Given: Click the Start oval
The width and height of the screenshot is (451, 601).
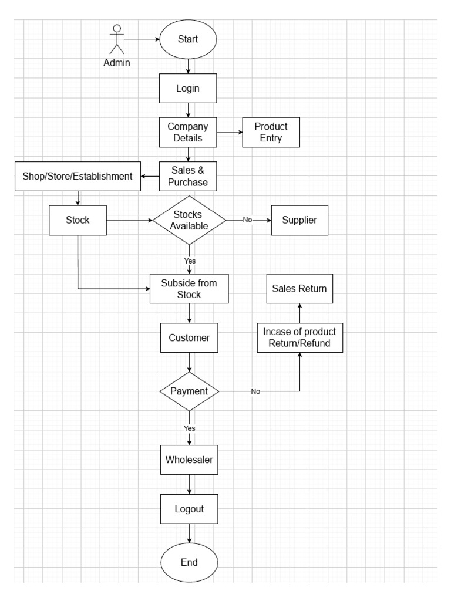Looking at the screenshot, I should tap(188, 40).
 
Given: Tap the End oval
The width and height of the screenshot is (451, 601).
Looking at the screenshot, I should tap(189, 562).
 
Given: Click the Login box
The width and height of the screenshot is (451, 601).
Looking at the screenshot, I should tap(188, 89).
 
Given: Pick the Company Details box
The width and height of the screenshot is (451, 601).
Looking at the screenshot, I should tap(188, 132).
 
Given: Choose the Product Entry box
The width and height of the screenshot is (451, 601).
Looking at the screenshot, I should tap(271, 132).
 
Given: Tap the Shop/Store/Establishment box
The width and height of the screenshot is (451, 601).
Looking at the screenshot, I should tap(78, 176).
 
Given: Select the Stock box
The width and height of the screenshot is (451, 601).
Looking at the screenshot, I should tap(78, 220).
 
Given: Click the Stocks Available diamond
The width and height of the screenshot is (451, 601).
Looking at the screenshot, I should tap(189, 220).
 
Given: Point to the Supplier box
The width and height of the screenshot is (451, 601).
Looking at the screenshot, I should tap(299, 220).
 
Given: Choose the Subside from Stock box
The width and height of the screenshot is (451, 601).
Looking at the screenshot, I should tap(189, 288).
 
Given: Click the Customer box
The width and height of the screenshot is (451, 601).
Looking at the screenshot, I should tap(189, 337).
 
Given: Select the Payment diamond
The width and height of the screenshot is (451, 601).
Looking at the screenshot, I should tap(189, 391).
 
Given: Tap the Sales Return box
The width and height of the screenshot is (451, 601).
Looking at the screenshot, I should tap(299, 288).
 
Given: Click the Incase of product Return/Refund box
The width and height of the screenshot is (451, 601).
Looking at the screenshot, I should tap(299, 337).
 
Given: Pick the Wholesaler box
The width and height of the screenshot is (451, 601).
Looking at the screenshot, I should tap(189, 460).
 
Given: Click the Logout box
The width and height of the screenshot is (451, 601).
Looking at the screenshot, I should tap(189, 509).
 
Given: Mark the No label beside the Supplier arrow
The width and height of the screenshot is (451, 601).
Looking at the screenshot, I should tap(247, 220).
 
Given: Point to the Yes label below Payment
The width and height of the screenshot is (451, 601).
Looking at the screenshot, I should tap(189, 428).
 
